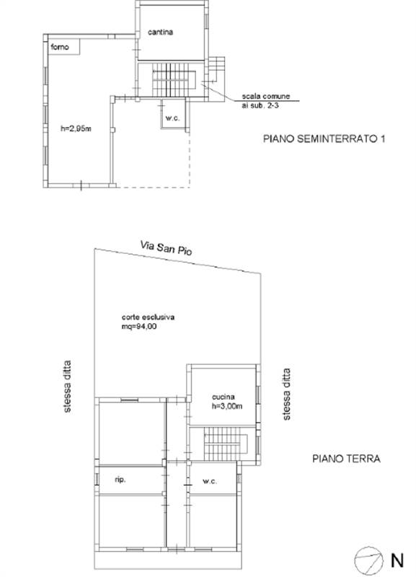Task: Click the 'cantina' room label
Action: (162, 32)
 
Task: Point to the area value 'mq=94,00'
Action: (139, 327)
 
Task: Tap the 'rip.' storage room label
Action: (120, 478)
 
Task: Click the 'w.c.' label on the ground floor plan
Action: (210, 481)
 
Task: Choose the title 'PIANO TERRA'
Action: (346, 457)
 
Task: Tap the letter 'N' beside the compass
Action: (397, 558)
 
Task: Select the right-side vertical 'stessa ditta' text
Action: (287, 394)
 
